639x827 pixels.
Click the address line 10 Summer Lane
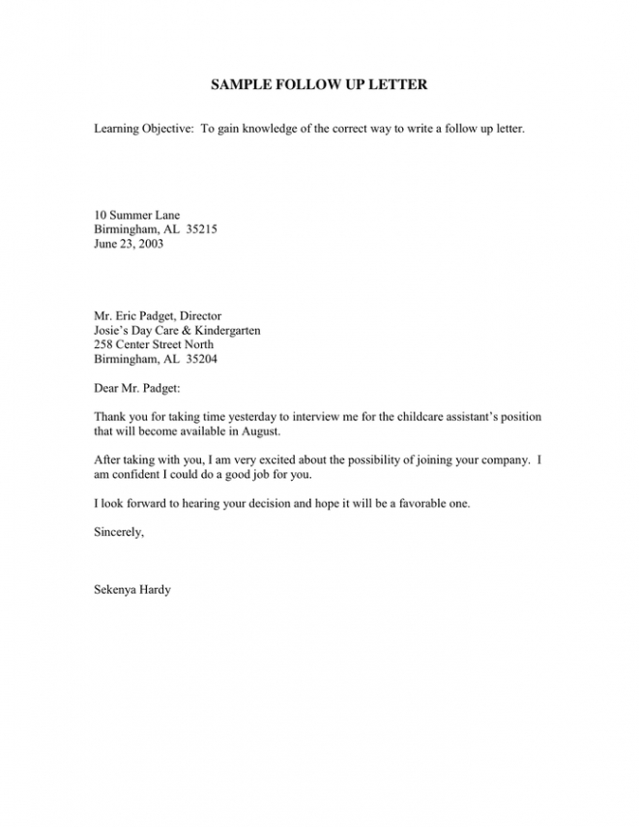136,215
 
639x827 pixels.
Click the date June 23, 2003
129,245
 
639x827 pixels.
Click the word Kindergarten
220,330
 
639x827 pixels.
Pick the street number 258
103,344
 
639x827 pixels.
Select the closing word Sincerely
119,532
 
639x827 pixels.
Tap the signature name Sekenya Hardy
132,590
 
